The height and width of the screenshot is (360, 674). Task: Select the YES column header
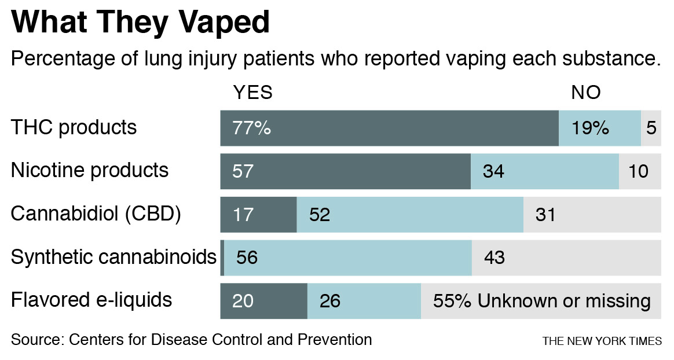coord(252,93)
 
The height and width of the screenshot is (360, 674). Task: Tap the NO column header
coord(585,93)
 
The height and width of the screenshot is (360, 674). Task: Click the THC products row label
coord(74,127)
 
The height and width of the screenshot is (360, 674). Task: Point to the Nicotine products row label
coord(90,171)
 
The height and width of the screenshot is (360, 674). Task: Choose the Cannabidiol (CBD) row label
coord(96,214)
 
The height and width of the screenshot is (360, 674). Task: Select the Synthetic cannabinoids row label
coord(113,257)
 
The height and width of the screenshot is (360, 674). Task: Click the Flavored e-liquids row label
coord(91,300)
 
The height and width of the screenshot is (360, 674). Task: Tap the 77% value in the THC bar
coord(251,128)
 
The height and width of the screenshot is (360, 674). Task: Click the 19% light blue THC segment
coord(599,128)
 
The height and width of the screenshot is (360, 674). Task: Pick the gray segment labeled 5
coord(651,128)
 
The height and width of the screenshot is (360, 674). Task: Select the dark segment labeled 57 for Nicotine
coord(345,171)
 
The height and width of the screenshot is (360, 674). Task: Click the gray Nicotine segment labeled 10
coord(639,171)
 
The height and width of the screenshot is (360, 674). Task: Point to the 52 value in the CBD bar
coord(320,215)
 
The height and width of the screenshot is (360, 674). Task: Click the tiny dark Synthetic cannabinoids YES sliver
coord(222,258)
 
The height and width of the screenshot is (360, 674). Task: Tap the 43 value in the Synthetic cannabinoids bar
coord(494,258)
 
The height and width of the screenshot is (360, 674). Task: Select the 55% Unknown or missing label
coord(542,301)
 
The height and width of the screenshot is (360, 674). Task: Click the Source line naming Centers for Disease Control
coord(191,340)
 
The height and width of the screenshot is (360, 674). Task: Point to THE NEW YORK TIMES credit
coord(602,341)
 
